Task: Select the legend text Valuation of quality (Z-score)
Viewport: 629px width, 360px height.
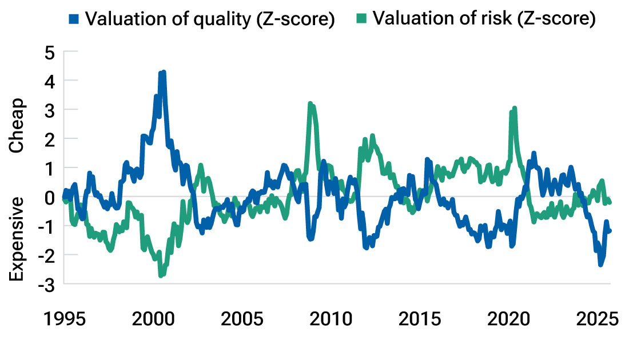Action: point(209,19)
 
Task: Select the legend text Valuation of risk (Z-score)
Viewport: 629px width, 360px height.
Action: point(484,19)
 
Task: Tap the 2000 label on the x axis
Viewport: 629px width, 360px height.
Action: point(154,318)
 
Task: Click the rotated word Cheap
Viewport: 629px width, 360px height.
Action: point(18,125)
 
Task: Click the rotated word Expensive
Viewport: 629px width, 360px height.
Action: point(18,239)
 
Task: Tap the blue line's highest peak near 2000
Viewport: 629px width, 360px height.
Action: point(164,73)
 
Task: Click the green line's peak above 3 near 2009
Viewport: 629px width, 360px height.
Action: point(310,104)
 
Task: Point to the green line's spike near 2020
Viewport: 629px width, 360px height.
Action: point(515,108)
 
